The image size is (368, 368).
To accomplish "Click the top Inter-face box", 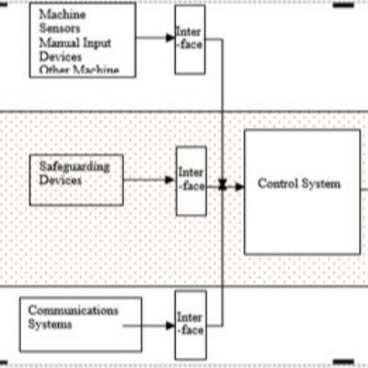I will [x=190, y=40].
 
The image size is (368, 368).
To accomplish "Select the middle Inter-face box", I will [x=190, y=180].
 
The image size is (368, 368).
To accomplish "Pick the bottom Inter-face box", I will [x=190, y=323].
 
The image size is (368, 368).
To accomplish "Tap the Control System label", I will [x=299, y=184].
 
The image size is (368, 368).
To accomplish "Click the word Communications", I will [x=73, y=310].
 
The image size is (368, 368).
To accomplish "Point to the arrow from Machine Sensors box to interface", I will [x=155, y=40].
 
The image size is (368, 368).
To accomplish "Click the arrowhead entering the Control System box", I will [x=238, y=186].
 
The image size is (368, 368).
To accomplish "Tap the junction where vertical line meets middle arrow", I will [x=223, y=186].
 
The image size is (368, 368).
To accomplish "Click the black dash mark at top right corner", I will [x=342, y=6].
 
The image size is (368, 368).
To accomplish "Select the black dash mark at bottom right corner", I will [x=342, y=359].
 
